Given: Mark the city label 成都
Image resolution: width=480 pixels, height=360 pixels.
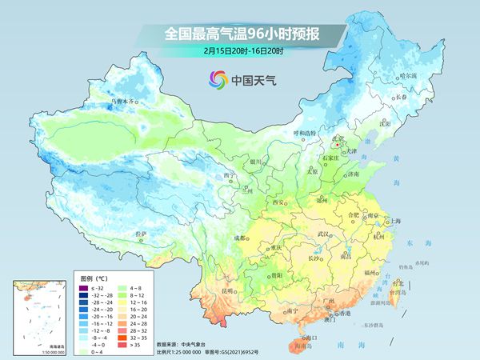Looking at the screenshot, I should coord(239,238).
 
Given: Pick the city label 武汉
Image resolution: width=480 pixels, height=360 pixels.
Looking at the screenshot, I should coord(324,234).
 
